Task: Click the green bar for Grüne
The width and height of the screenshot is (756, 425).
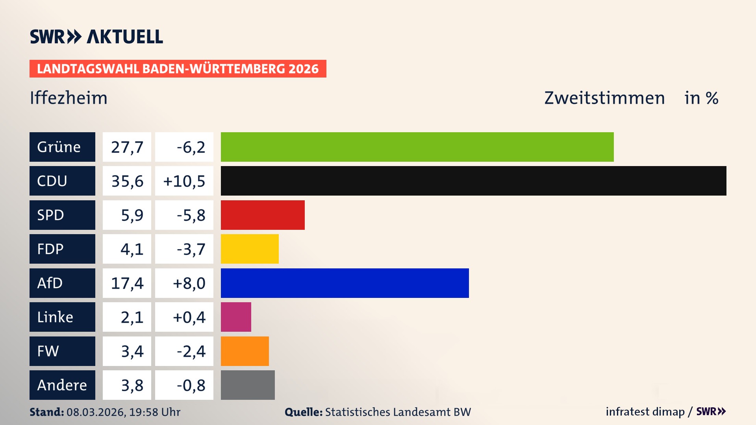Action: click(417, 147)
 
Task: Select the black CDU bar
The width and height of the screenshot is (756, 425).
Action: click(473, 181)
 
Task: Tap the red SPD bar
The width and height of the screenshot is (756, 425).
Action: click(263, 215)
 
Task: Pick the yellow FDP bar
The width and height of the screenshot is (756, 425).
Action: click(250, 249)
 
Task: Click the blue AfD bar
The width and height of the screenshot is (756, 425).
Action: click(345, 283)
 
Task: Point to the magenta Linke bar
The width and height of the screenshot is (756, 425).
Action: click(236, 317)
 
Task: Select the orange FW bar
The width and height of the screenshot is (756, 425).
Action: click(245, 351)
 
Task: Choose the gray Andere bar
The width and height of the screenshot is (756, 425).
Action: click(248, 385)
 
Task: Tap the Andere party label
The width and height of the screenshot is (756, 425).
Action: click(62, 385)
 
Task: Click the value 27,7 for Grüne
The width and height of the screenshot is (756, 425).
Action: click(127, 147)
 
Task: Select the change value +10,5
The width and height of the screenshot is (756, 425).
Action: click(184, 181)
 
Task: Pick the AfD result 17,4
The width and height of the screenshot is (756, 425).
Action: click(127, 283)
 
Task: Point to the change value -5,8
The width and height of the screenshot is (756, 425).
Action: click(191, 215)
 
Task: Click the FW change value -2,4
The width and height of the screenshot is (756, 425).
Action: click(191, 351)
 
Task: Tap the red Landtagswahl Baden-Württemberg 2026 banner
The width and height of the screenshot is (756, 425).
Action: click(178, 69)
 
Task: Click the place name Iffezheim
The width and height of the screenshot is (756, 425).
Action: click(69, 98)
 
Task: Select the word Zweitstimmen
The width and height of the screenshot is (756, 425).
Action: click(604, 98)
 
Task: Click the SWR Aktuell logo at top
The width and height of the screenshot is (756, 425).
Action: click(96, 37)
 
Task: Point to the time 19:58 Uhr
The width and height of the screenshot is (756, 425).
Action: click(155, 412)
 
